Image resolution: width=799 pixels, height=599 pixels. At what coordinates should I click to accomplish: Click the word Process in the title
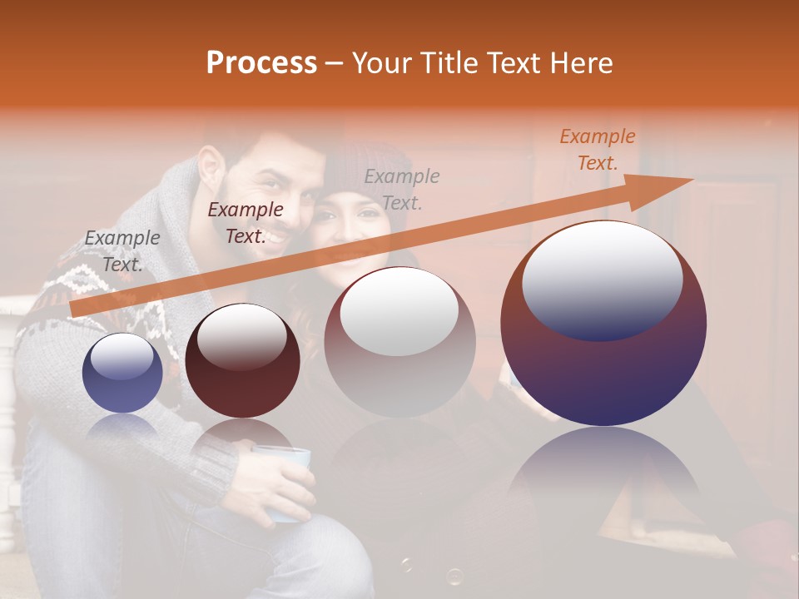[x=261, y=63]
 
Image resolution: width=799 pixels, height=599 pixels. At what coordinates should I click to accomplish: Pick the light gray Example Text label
[x=402, y=189]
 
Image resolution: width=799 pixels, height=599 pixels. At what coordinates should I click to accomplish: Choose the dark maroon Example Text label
[x=245, y=223]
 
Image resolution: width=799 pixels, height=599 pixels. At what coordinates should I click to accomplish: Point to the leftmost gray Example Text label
[x=122, y=250]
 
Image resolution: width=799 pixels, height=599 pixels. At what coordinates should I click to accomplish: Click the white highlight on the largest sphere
[x=602, y=279]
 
